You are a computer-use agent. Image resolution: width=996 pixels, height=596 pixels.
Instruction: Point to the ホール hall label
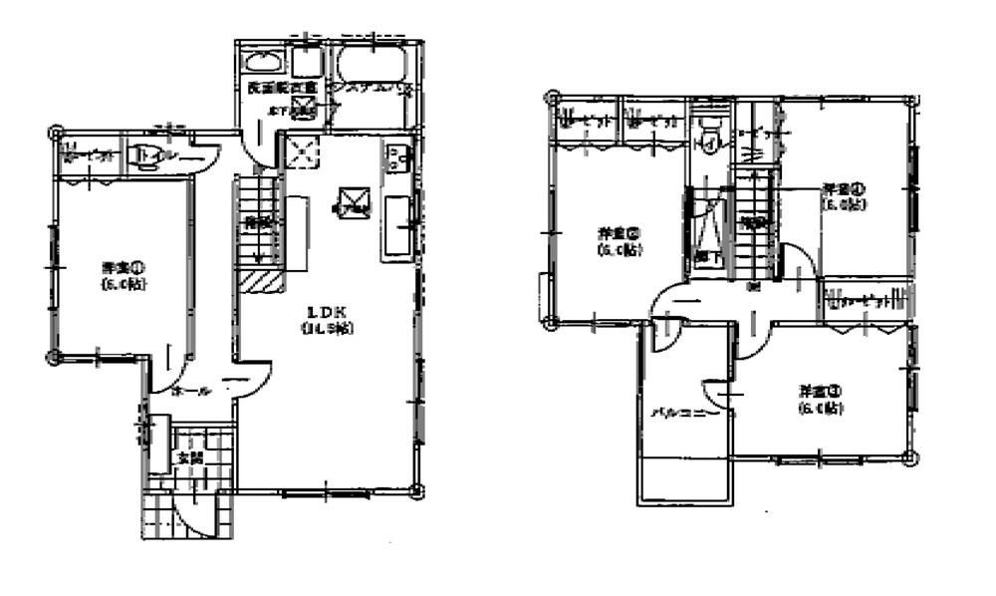click(189, 391)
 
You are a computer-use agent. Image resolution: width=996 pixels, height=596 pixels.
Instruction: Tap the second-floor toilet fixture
click(710, 135)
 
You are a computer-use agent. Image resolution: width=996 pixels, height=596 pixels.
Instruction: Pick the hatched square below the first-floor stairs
click(257, 282)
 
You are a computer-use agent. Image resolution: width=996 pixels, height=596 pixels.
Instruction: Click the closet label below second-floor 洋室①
click(859, 300)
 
